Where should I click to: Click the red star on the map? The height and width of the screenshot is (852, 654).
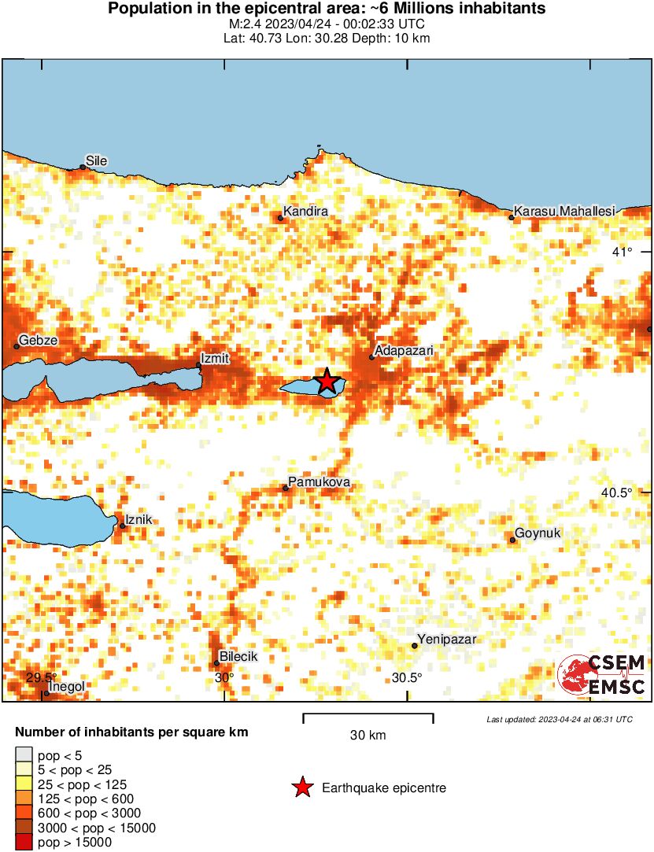pyautogui.click(x=327, y=382)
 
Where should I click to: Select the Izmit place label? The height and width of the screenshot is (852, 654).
pyautogui.click(x=215, y=359)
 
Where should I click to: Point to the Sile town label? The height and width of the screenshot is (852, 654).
pyautogui.click(x=96, y=161)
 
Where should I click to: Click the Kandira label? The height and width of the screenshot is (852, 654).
pyautogui.click(x=305, y=212)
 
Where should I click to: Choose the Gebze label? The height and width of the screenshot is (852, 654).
pyautogui.click(x=37, y=340)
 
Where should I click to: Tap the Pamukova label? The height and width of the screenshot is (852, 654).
pyautogui.click(x=319, y=481)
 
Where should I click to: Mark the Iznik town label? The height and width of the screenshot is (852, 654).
pyautogui.click(x=139, y=519)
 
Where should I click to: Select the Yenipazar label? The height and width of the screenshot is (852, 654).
pyautogui.click(x=447, y=639)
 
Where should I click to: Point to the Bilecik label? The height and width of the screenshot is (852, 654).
pyautogui.click(x=238, y=656)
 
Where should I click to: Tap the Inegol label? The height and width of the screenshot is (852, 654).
pyautogui.click(x=67, y=687)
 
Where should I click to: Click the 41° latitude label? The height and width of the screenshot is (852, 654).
pyautogui.click(x=623, y=252)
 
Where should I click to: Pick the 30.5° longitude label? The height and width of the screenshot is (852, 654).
pyautogui.click(x=407, y=678)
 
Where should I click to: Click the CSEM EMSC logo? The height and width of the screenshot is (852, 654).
pyautogui.click(x=602, y=675)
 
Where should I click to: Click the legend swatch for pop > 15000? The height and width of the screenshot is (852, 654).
pyautogui.click(x=24, y=842)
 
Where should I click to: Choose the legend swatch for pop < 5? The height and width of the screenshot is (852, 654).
pyautogui.click(x=24, y=756)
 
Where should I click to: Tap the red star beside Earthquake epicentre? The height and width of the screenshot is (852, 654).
pyautogui.click(x=301, y=787)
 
